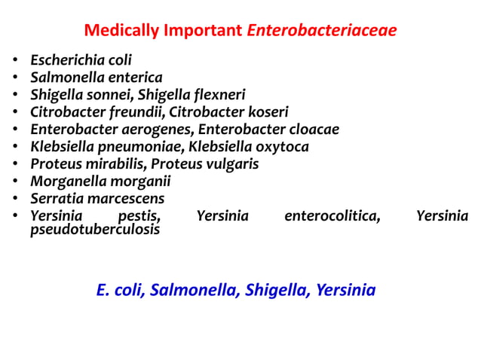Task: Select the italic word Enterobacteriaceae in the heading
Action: point(322,32)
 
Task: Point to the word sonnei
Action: point(102,95)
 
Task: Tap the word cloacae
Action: point(311,130)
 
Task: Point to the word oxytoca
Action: point(280,147)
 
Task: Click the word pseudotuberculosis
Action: point(95,230)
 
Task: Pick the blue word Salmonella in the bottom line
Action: point(194,290)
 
